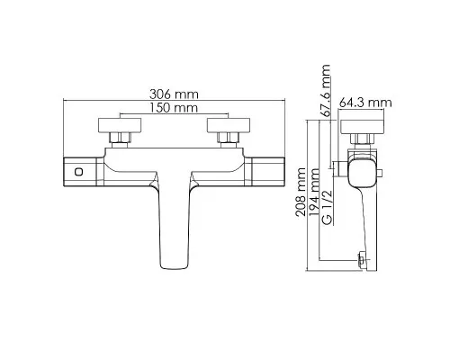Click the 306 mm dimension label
tap(174, 94)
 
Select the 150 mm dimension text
tap(174, 108)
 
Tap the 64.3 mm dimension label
tap(365, 103)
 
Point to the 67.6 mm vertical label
tap(325, 90)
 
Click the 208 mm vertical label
tap(301, 192)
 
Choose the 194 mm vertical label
tap(314, 192)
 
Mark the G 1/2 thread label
tap(328, 207)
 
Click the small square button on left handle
tap(79, 172)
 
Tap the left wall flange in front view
tap(120, 125)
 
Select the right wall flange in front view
tap(229, 125)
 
